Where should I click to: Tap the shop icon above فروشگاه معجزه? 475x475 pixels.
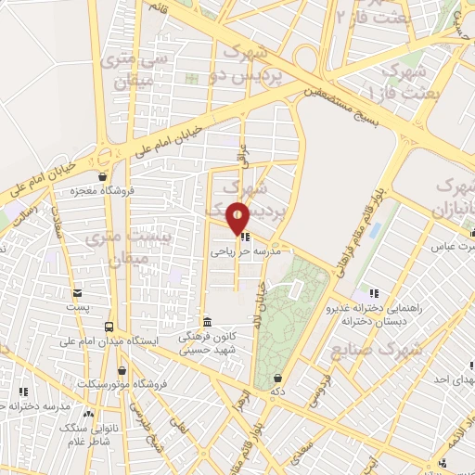(x=102, y=176)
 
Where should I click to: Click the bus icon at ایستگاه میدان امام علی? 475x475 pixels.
(x=110, y=327)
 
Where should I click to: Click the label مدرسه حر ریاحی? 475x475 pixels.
(x=245, y=250)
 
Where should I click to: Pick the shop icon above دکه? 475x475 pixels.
(x=279, y=378)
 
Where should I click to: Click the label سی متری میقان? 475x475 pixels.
(x=132, y=70)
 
